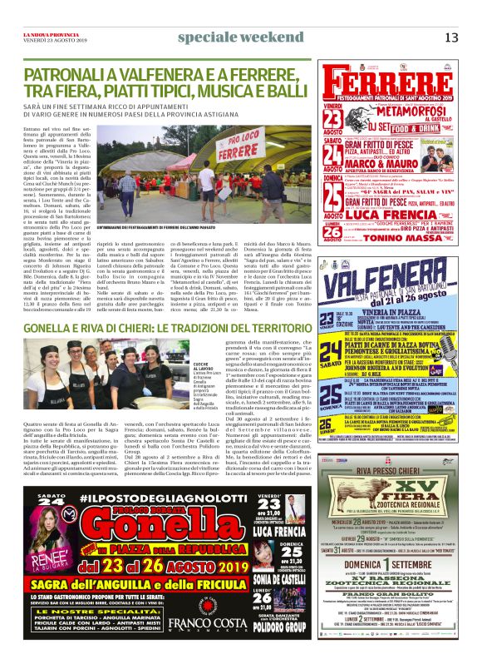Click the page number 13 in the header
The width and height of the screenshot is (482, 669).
point(451,37)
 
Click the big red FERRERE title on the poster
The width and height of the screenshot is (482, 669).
point(391,83)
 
